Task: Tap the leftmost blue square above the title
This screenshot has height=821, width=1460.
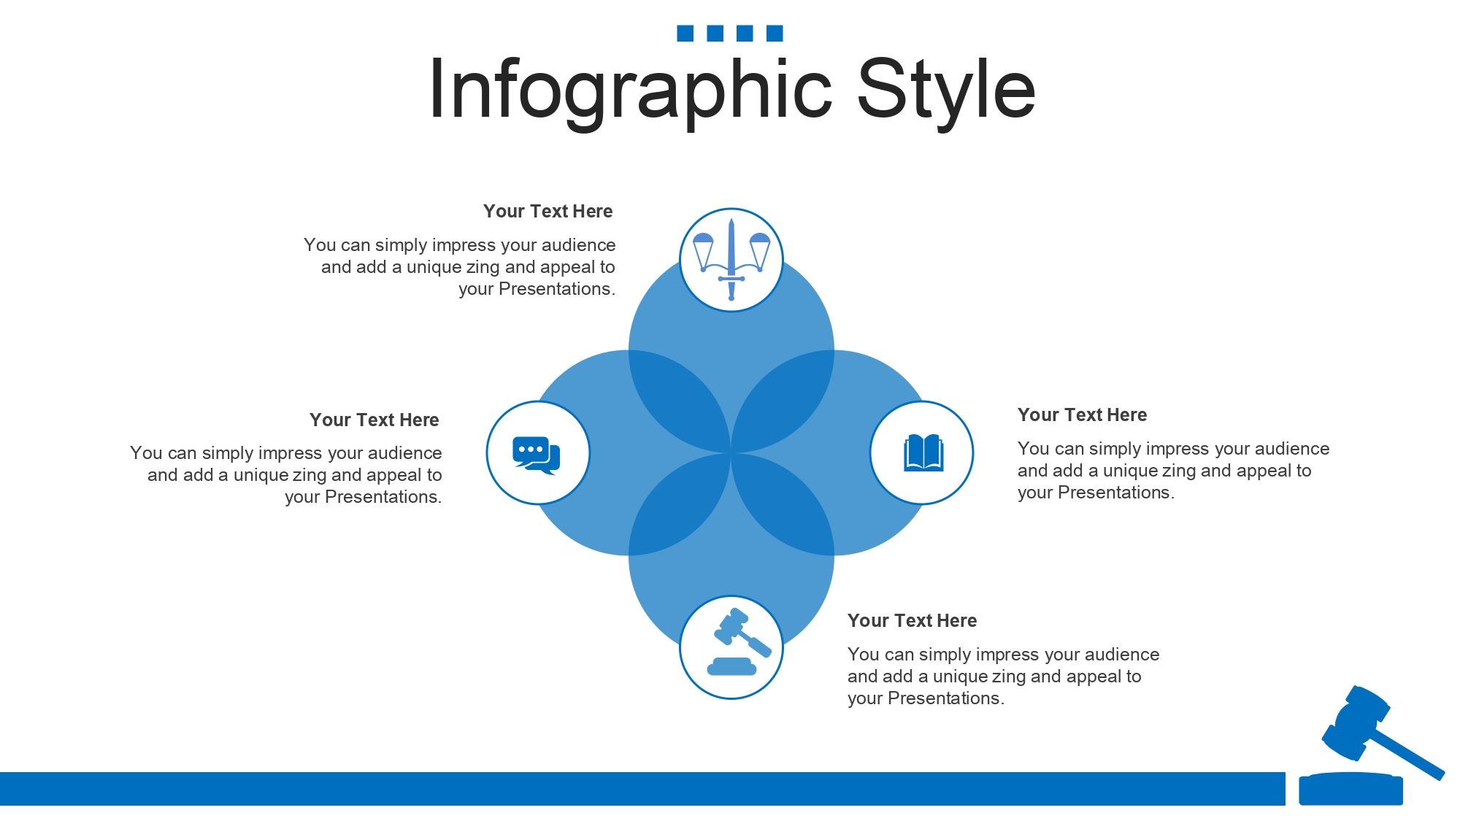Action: [x=685, y=33]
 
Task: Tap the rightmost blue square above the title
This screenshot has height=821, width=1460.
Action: [x=775, y=33]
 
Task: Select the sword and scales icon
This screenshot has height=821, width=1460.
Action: [x=731, y=260]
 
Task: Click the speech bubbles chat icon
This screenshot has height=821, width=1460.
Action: [x=537, y=455]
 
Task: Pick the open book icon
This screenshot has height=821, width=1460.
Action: [x=923, y=453]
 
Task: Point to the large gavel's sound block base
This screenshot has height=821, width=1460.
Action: [x=1350, y=789]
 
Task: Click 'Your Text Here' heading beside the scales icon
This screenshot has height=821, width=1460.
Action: [x=547, y=212]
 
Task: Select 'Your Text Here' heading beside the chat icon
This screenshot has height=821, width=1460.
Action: [x=374, y=420]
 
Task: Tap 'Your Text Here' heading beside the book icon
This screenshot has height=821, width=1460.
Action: [x=1082, y=415]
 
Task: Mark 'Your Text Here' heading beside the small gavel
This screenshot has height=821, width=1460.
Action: [x=912, y=621]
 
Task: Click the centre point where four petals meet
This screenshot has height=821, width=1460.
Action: [x=731, y=452]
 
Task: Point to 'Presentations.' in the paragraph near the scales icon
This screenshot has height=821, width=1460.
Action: [x=557, y=289]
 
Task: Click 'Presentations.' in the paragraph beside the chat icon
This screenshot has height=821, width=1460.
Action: [x=383, y=497]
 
